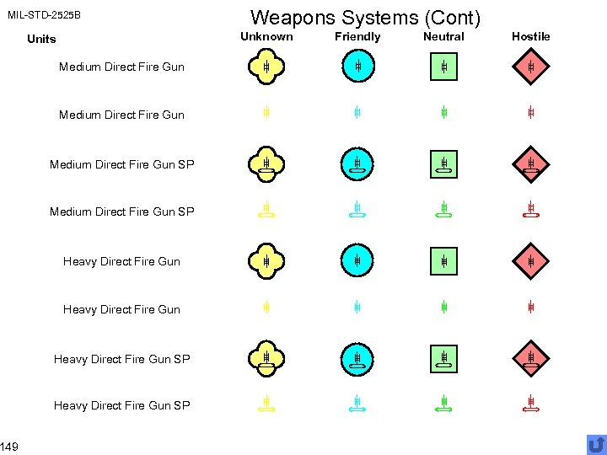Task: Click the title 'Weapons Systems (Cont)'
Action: coord(366,17)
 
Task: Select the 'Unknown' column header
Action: coord(266,36)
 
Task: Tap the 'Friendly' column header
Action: coord(357,36)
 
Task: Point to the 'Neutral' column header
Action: coord(443,36)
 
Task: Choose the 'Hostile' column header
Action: coord(530,36)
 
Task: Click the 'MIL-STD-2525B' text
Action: coord(44,15)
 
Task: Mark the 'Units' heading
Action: coord(41,39)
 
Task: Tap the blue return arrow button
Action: coord(596,444)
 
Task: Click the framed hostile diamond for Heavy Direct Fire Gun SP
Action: coord(530,359)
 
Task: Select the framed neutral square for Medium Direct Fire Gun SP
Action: coord(443,164)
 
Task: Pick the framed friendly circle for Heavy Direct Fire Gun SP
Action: coord(357,359)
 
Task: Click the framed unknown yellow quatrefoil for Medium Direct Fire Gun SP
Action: coord(266,164)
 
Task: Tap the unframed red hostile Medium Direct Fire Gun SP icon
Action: coord(530,211)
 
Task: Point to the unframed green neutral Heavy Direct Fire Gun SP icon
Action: coord(443,405)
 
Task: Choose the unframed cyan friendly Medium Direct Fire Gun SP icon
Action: coord(357,211)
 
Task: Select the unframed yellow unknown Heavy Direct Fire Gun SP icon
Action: coord(266,405)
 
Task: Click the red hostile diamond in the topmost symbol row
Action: coord(530,67)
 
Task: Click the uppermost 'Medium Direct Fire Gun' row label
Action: coord(121,67)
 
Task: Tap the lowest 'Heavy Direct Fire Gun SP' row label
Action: coord(121,405)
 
